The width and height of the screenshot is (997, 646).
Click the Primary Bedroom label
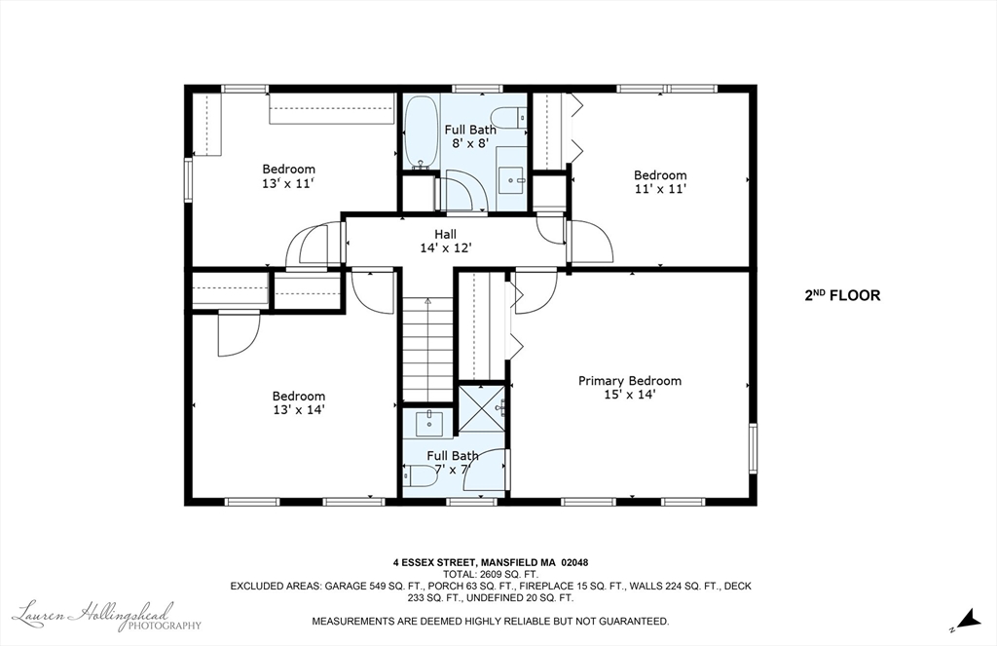coord(630,381)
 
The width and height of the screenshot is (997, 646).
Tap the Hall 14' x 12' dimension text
coord(445,248)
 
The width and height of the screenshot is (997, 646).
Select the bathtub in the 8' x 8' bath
coord(421,132)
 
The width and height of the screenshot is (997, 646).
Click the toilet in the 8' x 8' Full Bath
coord(510,117)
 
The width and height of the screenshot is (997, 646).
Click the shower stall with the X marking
coord(482,408)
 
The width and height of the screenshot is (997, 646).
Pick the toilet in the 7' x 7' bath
coord(418,475)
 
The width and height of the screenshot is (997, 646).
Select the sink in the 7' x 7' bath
coord(429,423)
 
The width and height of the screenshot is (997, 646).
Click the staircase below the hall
coord(428,349)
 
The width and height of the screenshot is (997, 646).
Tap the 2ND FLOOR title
coord(842,295)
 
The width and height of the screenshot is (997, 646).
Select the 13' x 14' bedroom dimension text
coord(299,410)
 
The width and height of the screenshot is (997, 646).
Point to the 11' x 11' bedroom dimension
coord(660,189)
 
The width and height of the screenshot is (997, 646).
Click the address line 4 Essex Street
coord(491,562)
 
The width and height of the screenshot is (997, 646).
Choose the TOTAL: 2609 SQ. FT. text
coord(491,574)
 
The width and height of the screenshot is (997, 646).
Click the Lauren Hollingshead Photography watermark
coord(107,616)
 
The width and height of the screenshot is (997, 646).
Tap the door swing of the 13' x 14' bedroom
coord(240,334)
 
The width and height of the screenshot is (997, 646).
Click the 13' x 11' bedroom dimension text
coord(288,183)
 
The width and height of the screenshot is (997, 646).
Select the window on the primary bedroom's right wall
coord(753,448)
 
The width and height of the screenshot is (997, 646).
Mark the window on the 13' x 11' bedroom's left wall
coord(188,181)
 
